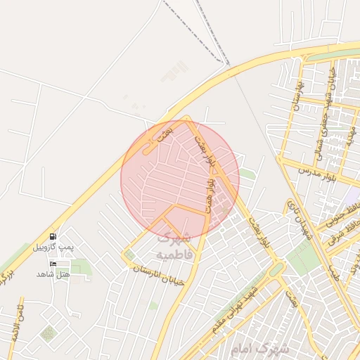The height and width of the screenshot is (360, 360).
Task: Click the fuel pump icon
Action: (53, 236)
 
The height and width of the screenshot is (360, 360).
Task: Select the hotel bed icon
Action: (53, 263)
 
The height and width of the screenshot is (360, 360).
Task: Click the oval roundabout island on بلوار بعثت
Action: (277, 269)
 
